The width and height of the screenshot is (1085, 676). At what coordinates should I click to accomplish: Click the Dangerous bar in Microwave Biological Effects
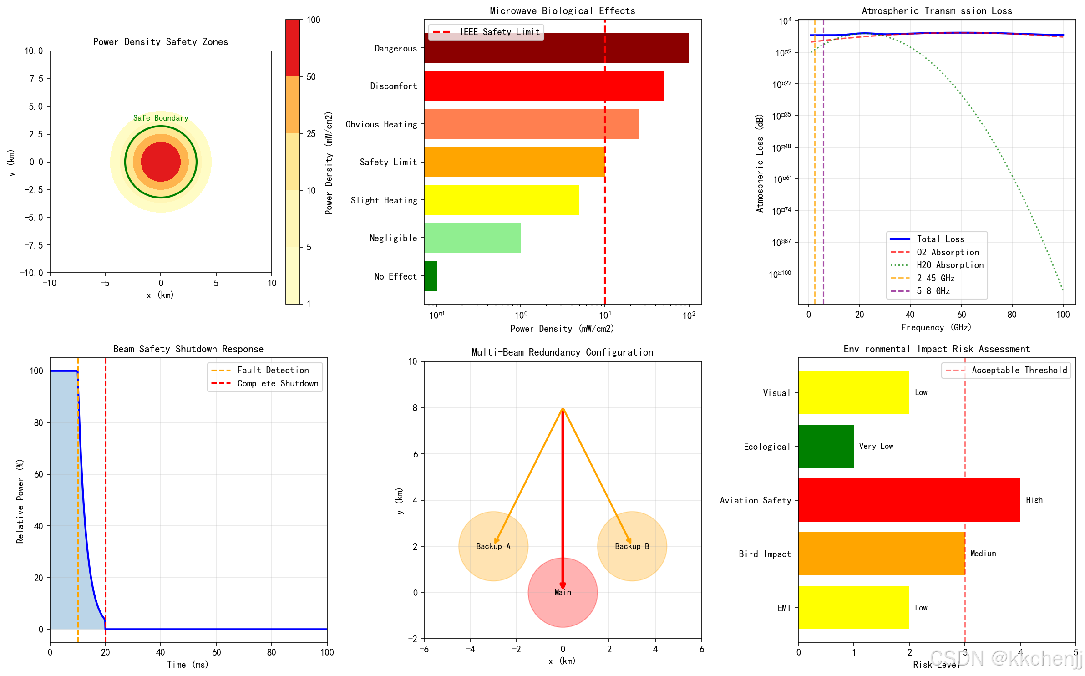point(556,48)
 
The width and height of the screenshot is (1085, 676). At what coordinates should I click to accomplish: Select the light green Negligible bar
point(472,238)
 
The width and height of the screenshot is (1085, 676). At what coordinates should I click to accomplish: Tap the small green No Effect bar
point(430,276)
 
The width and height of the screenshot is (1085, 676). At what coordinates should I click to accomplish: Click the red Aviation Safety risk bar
point(909,500)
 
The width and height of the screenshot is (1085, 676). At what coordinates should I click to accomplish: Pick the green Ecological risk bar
point(826,446)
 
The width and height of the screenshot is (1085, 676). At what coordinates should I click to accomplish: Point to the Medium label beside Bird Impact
point(983,554)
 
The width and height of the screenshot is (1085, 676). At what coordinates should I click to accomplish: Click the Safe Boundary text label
point(161,118)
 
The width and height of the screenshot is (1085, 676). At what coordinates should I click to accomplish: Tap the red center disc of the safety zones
point(161,162)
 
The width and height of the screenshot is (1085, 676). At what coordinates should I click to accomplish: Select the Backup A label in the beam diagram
point(493,546)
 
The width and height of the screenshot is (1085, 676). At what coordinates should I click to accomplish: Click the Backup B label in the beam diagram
point(632,546)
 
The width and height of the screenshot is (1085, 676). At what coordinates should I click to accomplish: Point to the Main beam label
point(563,592)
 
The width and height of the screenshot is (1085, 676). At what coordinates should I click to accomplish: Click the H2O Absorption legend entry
point(950,265)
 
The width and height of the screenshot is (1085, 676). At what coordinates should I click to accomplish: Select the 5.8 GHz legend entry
point(933,291)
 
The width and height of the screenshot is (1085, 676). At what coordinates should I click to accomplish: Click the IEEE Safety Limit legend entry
point(499,32)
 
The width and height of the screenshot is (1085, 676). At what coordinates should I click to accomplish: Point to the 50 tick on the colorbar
point(311,76)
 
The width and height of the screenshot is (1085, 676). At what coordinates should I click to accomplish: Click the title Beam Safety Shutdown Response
point(188,349)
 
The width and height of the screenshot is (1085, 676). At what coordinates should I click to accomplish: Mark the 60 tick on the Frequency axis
point(961,315)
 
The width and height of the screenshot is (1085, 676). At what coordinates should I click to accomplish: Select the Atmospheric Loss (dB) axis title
point(759,163)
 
